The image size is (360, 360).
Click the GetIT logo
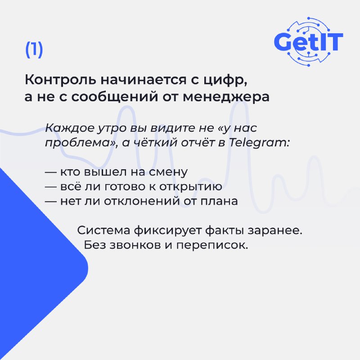308,41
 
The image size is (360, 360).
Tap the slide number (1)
34,49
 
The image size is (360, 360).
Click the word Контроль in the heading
61,80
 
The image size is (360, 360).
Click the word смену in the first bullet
168,172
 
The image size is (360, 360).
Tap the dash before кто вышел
50,172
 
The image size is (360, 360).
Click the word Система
104,230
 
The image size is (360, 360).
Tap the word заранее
274,231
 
